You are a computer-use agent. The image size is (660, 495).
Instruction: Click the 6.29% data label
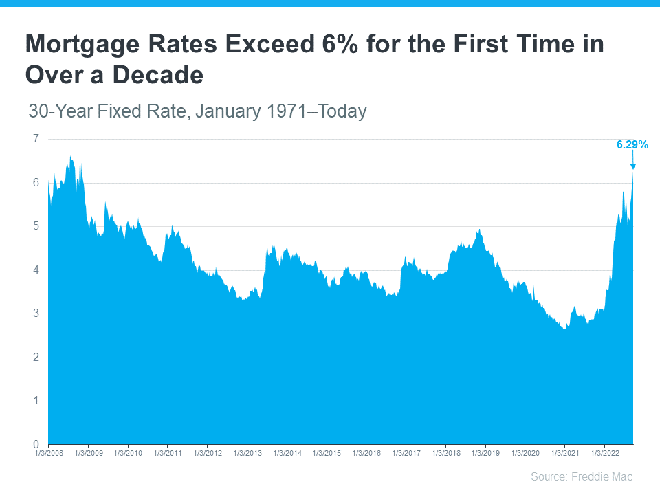(632, 144)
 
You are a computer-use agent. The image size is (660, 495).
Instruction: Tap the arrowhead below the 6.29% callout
(632, 166)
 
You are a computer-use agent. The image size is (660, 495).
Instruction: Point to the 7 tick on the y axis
(36, 139)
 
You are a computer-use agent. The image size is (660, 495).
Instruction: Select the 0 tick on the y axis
(36, 444)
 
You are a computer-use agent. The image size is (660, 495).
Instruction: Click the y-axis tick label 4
(36, 269)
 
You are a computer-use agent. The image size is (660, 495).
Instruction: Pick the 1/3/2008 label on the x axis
(48, 454)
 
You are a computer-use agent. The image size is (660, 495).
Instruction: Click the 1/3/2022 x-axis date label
(604, 454)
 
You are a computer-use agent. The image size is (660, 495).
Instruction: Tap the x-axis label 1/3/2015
(326, 454)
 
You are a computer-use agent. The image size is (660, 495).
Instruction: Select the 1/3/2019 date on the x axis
(485, 454)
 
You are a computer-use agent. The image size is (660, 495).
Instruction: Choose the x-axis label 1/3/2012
(207, 454)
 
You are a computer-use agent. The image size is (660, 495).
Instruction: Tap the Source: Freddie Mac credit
(581, 476)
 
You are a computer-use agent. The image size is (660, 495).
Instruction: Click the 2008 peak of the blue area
(71, 157)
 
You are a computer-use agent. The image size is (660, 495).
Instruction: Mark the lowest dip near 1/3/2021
(564, 329)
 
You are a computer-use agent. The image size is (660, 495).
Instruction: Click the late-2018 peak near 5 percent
(479, 230)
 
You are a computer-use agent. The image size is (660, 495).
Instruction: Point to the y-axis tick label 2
(36, 357)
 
